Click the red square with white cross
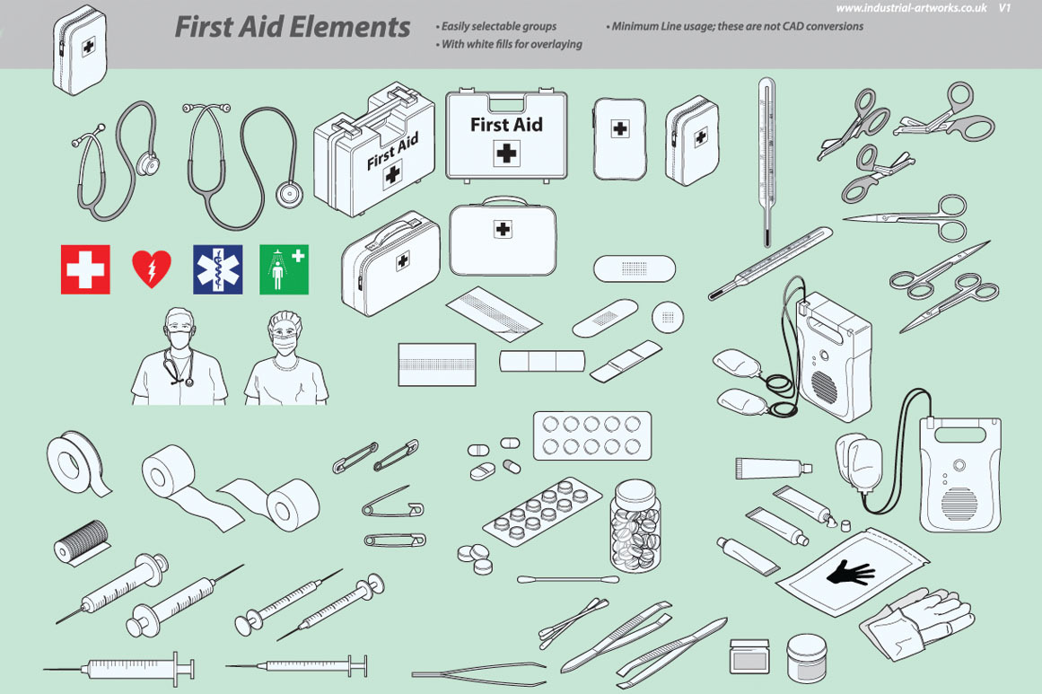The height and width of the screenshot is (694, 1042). [x=85, y=269]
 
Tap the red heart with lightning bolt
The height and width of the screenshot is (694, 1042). [x=152, y=268]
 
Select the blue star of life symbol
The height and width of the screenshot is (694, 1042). [x=218, y=269]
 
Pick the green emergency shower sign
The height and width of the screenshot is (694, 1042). [x=284, y=269]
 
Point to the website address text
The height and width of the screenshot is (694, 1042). [x=911, y=8]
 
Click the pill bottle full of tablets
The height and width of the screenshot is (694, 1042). [x=635, y=525]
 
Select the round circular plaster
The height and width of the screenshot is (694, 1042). [x=668, y=317]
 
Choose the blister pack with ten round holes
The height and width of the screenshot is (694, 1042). [x=592, y=435]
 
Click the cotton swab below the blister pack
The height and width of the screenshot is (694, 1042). [x=568, y=579]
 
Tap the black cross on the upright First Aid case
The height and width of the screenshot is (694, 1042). [x=506, y=154]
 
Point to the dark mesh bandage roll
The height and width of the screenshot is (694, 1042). [x=82, y=541]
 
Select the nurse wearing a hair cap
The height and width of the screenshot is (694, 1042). [x=285, y=359]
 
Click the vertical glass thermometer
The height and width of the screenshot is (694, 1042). [x=766, y=163]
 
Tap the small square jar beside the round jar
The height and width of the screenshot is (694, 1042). [x=749, y=656]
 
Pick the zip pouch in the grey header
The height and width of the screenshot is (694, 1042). [x=79, y=50]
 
